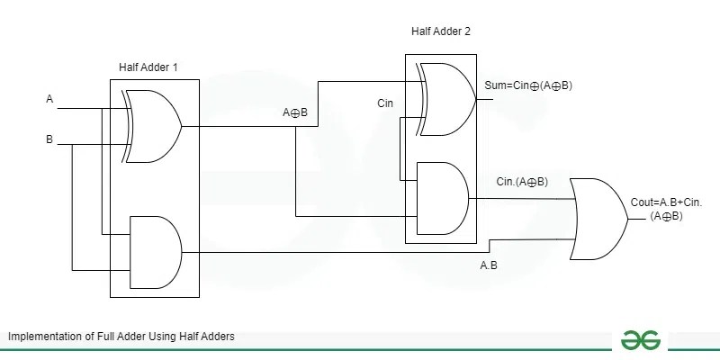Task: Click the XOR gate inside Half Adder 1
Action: tap(153, 126)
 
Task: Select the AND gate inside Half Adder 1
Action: tap(155, 252)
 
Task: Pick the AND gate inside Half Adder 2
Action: tap(441, 198)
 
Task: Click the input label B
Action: tap(50, 139)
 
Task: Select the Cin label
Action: tap(386, 104)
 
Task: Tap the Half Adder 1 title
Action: tap(149, 67)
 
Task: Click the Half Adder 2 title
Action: tap(440, 31)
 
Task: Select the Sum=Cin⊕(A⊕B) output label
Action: tap(535, 85)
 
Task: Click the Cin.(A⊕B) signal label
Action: tap(522, 182)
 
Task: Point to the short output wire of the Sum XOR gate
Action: tap(486, 99)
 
